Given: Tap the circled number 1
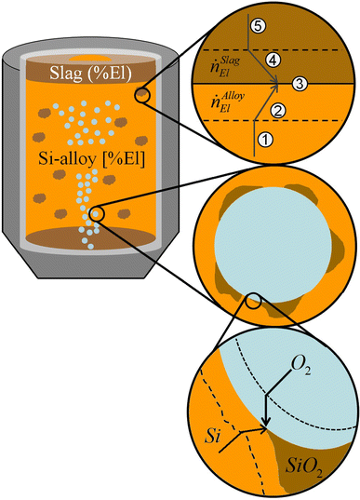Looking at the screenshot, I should [x=263, y=140].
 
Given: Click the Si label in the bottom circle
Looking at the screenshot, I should [x=209, y=435].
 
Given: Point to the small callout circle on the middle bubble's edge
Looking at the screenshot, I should [x=253, y=300].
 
